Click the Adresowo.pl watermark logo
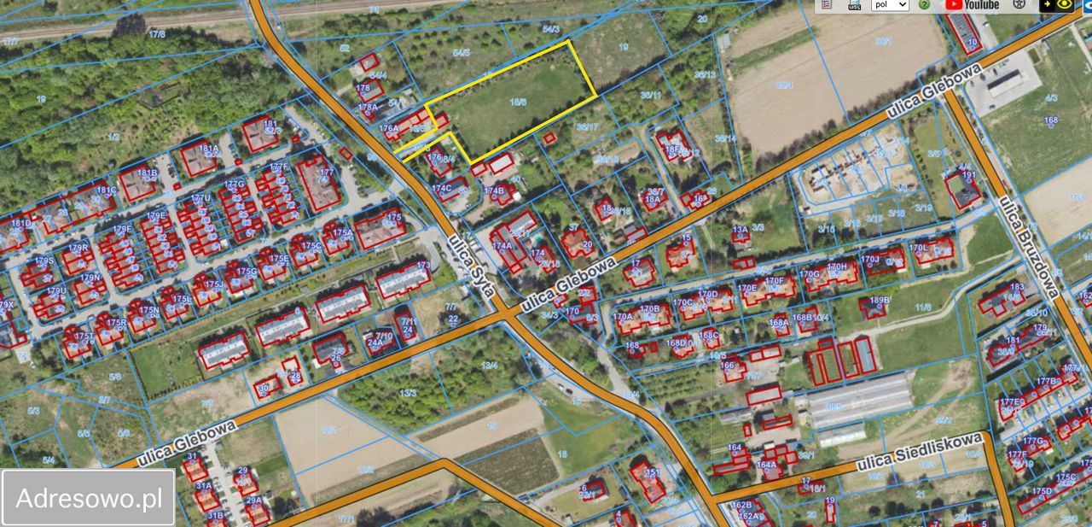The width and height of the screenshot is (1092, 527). tap(89, 497)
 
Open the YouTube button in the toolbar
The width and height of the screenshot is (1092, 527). tap(972, 5)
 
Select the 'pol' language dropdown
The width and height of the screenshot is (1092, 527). tap(889, 5)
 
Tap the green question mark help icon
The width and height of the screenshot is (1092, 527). tap(924, 5)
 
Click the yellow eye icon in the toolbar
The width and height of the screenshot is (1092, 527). tap(1064, 5)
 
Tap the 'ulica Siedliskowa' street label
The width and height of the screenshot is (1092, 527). tap(919, 453)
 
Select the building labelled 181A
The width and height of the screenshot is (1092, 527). tap(199, 159)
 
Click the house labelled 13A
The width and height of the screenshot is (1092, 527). tap(741, 235)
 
